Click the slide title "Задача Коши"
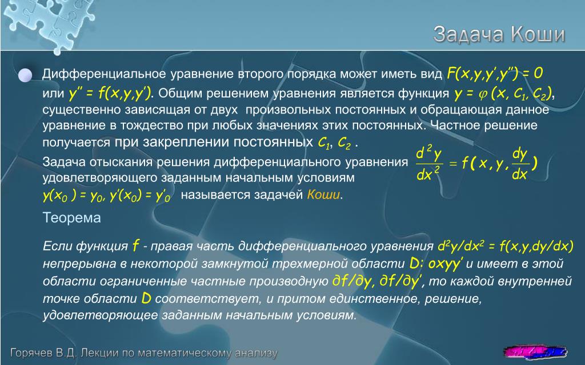tap(499, 34)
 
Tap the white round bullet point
tap(25, 75)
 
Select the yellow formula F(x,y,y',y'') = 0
tap(494, 74)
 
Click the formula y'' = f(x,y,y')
tap(110, 94)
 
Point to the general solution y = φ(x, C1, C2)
tap(503, 94)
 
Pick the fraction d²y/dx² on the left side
tap(429, 164)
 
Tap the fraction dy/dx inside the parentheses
tap(520, 163)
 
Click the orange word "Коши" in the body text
tap(323, 195)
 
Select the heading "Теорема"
tap(71, 217)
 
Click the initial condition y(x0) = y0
tap(74, 196)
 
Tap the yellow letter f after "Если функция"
tap(135, 245)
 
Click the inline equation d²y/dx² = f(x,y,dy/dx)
tap(505, 246)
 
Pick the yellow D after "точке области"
tap(146, 298)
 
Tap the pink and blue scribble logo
tap(535, 351)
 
